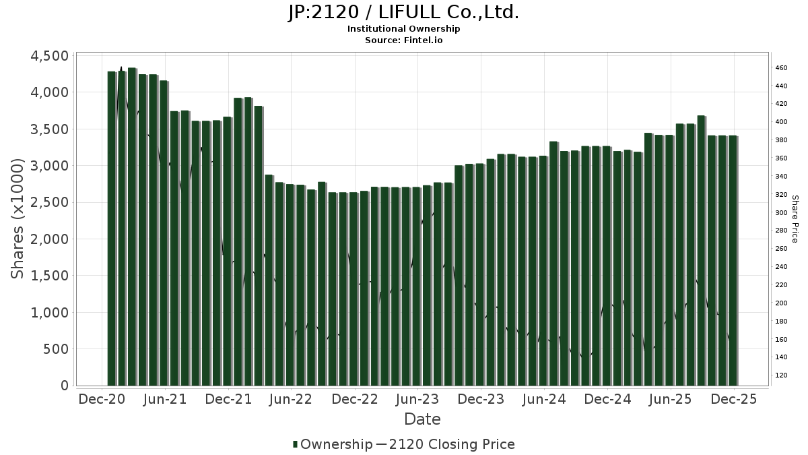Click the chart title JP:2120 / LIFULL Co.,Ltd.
click(403, 12)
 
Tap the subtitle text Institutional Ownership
click(403, 29)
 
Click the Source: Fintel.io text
click(403, 40)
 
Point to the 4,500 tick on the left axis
click(50, 56)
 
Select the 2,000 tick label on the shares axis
click(50, 239)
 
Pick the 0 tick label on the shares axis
click(65, 386)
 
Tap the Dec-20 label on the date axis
click(102, 399)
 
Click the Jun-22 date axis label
click(292, 399)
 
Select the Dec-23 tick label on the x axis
click(481, 399)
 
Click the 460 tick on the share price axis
click(781, 68)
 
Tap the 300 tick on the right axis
click(781, 212)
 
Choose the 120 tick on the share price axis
click(781, 375)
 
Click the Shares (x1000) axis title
click(18, 219)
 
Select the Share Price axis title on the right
click(795, 219)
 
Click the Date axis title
click(422, 419)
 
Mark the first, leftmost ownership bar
click(112, 229)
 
